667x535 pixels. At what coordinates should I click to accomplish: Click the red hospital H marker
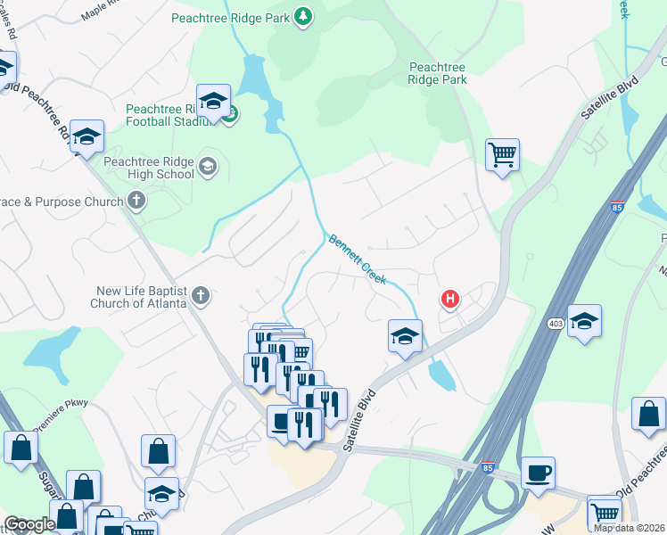coord(451,300)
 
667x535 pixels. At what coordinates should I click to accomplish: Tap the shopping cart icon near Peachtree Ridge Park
coord(503,154)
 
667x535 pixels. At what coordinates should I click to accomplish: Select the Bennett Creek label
coord(358,259)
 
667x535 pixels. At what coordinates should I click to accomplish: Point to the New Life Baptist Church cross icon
coord(201,296)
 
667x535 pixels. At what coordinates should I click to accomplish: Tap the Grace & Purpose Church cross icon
coord(136,201)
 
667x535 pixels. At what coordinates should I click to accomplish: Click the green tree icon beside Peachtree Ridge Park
coord(303,16)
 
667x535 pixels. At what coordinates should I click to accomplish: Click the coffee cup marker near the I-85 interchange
coord(538,473)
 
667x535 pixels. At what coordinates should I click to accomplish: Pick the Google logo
coord(29,525)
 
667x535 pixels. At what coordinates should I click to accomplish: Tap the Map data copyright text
coord(629,528)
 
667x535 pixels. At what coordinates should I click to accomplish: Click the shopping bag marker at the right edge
coord(648,416)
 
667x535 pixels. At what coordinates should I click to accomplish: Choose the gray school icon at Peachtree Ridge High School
coord(208,167)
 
